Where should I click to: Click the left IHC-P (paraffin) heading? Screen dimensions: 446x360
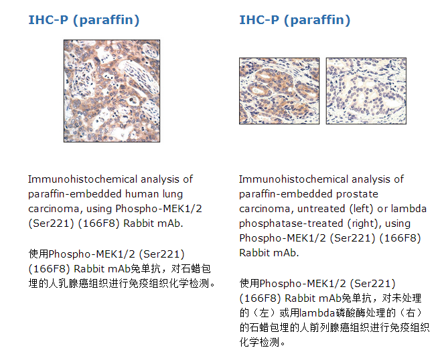pos(84,20)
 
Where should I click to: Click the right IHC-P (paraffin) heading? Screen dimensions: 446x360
pos(295,20)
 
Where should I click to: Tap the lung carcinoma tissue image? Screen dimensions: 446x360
pos(112,91)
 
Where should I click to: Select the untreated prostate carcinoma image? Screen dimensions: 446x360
pos(279,91)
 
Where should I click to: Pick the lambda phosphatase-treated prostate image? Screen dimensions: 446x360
pos(366,91)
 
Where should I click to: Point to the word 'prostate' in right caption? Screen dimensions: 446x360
pos(357,194)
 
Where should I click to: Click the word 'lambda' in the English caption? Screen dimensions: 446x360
pos(408,209)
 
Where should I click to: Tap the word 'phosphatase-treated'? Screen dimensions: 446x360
pos(291,223)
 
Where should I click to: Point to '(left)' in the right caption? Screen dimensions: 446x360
pos(361,209)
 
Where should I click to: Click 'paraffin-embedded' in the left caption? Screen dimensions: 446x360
pos(75,194)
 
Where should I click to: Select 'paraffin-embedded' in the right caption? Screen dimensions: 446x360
pos(285,194)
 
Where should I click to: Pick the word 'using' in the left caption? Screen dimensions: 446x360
pos(99,209)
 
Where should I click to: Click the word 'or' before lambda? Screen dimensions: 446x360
pos(382,209)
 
